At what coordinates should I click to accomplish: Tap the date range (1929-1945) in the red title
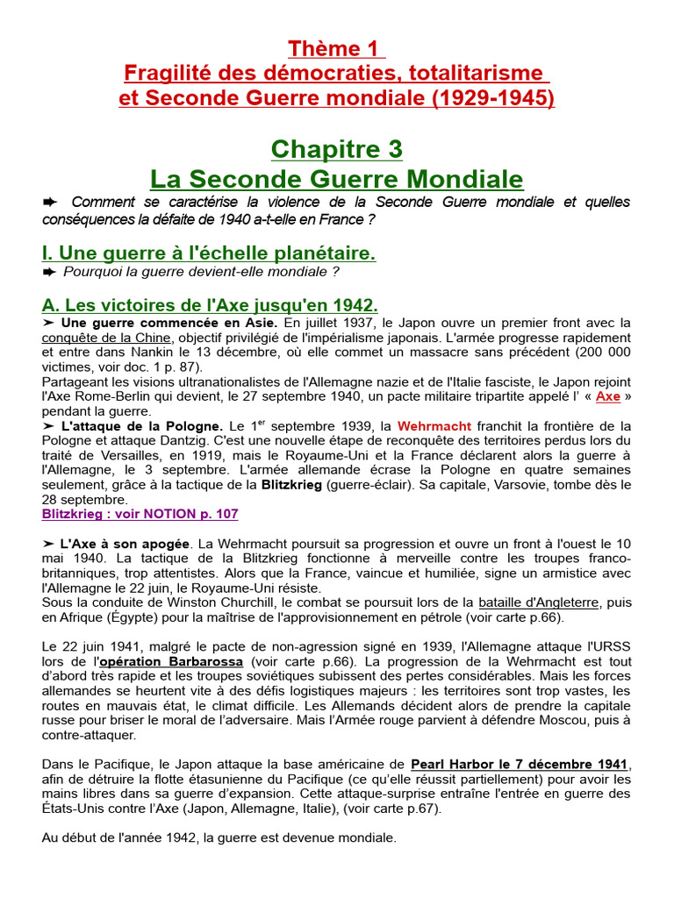coord(492,97)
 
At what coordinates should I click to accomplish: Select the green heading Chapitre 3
coord(336,149)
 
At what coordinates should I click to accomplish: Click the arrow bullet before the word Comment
coord(50,203)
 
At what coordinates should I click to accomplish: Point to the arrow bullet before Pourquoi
coord(50,273)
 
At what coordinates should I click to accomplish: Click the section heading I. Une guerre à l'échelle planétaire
coord(208,253)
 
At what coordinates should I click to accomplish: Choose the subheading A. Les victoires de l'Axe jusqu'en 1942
coord(210,305)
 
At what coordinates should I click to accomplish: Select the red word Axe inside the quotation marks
coord(607,396)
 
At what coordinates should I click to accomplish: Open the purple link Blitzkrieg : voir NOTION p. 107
coord(140,514)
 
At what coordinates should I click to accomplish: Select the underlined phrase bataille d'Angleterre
coord(538,602)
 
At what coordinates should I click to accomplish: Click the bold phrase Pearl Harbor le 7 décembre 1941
coord(520,764)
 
